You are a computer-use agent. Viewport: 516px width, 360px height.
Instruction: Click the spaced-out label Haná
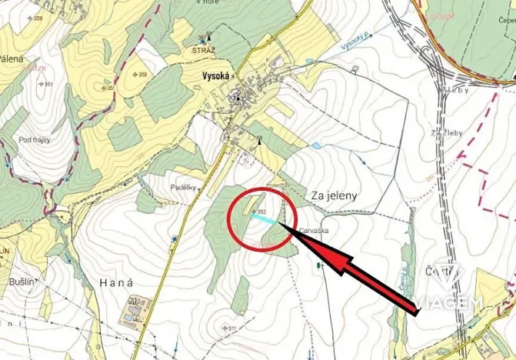(116, 284)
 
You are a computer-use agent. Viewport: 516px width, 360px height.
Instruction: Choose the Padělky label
(185, 187)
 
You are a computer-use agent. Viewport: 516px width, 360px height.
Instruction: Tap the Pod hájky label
(35, 140)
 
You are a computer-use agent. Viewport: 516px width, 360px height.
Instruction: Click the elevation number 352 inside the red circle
(261, 211)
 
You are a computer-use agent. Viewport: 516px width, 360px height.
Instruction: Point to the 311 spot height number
(232, 328)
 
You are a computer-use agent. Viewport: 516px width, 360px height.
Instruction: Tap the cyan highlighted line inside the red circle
(263, 218)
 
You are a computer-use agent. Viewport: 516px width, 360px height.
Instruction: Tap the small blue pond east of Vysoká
(315, 145)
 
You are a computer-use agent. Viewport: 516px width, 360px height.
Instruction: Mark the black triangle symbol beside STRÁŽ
(209, 38)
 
